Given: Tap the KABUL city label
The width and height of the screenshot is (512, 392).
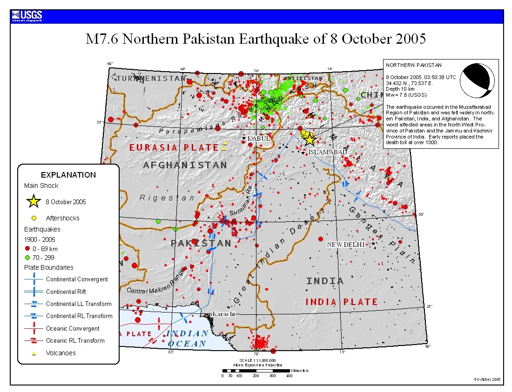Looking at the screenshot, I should (x=258, y=139).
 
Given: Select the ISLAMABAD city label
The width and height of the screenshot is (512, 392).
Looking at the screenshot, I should (x=327, y=152).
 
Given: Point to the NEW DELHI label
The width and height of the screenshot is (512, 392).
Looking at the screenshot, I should (x=345, y=245).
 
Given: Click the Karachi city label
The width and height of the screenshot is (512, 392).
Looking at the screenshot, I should (x=223, y=314).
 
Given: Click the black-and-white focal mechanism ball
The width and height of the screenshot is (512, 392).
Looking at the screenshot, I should (x=477, y=80).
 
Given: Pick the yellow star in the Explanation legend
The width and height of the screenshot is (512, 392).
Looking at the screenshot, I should (x=34, y=202).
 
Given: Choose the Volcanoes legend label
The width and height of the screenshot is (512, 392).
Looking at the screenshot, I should (x=61, y=353).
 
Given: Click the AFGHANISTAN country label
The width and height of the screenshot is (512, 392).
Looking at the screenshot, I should (x=185, y=165).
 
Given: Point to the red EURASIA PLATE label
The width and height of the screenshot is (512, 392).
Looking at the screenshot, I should (x=174, y=148).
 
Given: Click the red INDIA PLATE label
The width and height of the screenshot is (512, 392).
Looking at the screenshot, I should (x=341, y=302).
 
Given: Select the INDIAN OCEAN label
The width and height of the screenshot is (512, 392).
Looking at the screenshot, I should (x=187, y=339).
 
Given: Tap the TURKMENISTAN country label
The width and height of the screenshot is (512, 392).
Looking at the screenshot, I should (x=151, y=78).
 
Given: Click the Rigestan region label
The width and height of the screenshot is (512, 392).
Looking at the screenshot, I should (x=167, y=198).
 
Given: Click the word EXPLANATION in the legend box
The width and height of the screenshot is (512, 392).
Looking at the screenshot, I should (x=68, y=175).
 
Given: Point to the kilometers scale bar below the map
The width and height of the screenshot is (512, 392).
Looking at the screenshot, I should (x=256, y=371).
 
